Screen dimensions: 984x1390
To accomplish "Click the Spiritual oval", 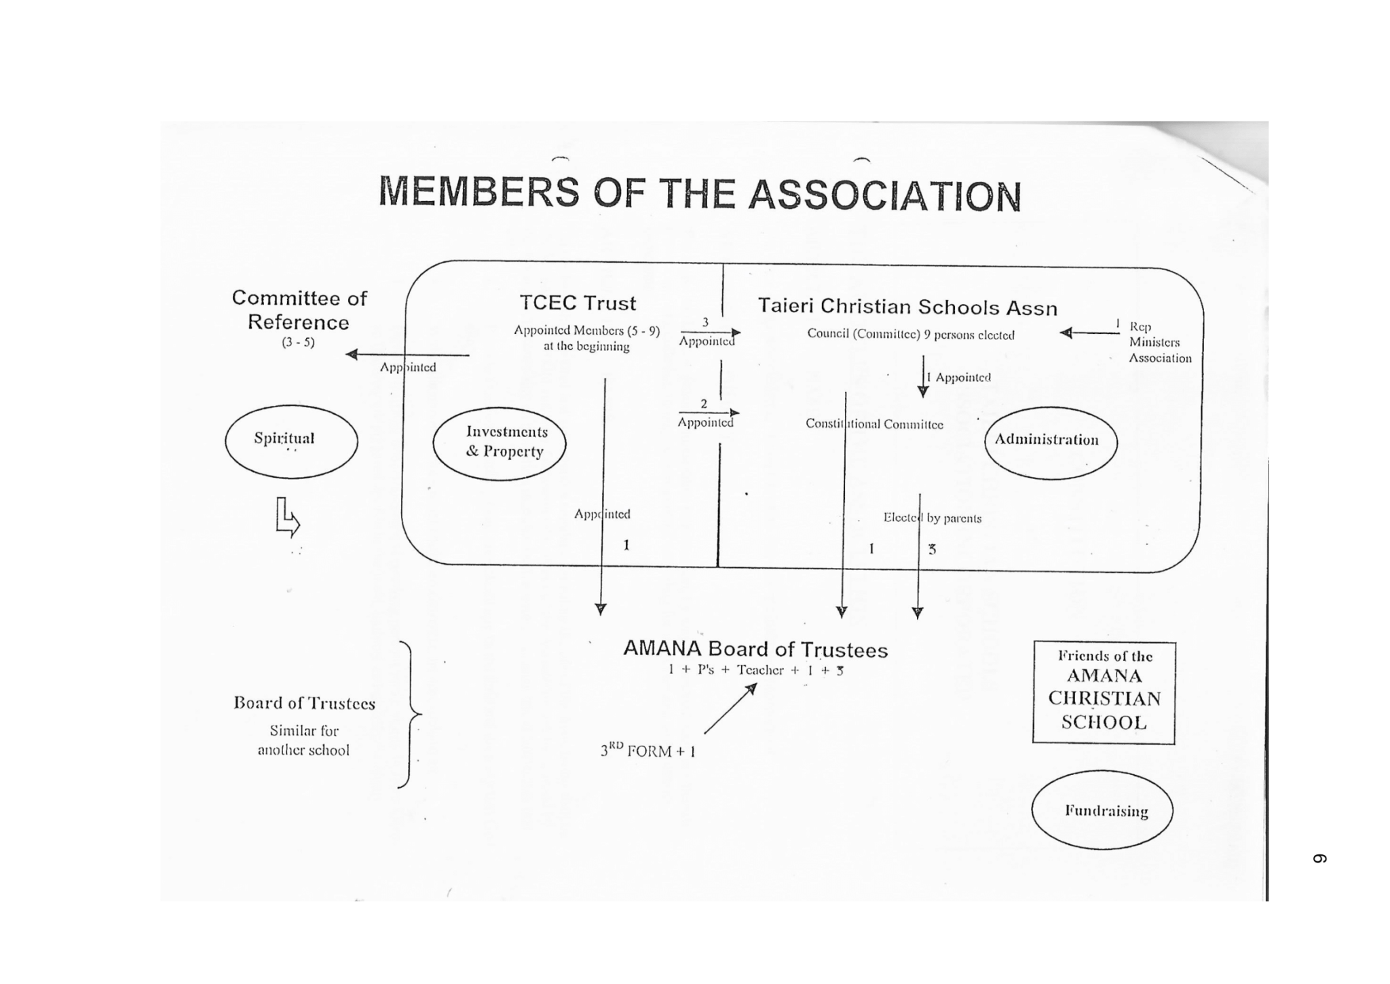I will (291, 442).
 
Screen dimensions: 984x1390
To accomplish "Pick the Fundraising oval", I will (1102, 810).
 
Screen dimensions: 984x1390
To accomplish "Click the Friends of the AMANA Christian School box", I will (1104, 692).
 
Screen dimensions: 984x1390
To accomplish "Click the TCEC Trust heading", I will (578, 303).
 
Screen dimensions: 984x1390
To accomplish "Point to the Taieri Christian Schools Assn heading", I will (907, 307).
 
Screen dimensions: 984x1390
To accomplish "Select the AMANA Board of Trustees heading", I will (755, 649).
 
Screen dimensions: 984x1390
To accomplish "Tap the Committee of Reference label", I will (299, 310).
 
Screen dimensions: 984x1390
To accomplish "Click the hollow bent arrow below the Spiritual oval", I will (287, 518).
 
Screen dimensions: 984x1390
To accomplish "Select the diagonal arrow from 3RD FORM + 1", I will (730, 709).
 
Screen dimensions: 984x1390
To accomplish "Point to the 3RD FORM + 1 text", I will (647, 751).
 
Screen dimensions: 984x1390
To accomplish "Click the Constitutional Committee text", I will (874, 424).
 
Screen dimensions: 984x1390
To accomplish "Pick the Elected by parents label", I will (933, 518).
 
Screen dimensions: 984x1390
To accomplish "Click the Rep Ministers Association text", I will (1159, 343).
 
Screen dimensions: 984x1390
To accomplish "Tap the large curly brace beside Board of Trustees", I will (409, 714).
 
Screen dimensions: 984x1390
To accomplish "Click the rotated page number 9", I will (1319, 858).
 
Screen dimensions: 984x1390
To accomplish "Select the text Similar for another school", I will (303, 740).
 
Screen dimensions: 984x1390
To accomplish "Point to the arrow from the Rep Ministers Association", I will (1089, 333).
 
